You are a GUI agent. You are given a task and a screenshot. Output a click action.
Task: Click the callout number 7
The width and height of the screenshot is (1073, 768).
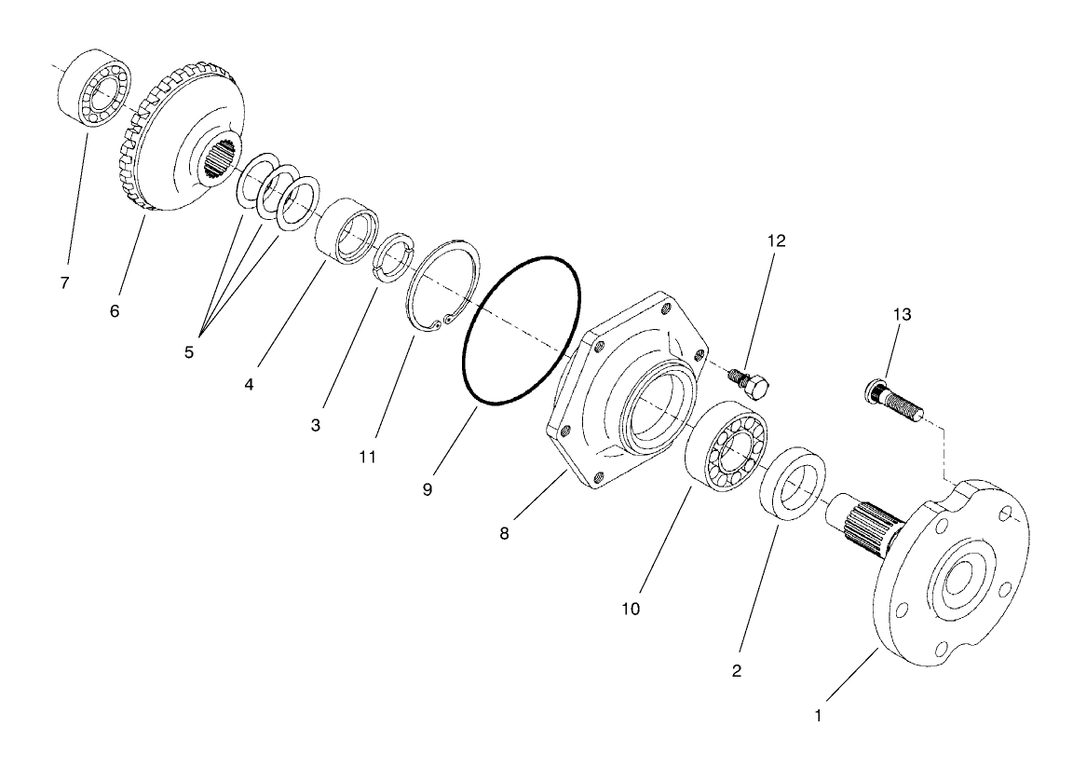pyautogui.click(x=64, y=283)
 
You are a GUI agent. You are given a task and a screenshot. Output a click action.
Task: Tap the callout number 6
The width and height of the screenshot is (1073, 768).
pyautogui.click(x=115, y=311)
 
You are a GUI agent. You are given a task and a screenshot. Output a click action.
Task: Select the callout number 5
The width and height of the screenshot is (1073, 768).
pyautogui.click(x=189, y=353)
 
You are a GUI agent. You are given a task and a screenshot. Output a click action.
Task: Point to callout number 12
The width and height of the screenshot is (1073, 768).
pyautogui.click(x=776, y=240)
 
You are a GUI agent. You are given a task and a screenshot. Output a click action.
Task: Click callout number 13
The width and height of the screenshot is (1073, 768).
pyautogui.click(x=901, y=314)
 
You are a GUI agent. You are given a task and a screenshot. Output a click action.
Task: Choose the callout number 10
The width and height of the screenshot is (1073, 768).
pyautogui.click(x=632, y=609)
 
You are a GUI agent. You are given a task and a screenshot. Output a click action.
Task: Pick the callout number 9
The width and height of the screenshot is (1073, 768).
pyautogui.click(x=427, y=488)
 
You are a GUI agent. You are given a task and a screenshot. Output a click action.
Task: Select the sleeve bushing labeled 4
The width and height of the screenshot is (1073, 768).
pyautogui.click(x=346, y=231)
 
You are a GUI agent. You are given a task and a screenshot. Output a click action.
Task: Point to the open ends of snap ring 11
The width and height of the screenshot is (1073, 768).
pyautogui.click(x=440, y=322)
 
